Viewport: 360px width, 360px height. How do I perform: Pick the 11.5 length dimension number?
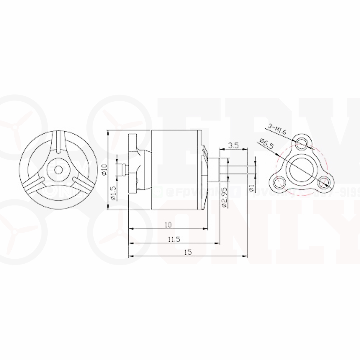[174, 239]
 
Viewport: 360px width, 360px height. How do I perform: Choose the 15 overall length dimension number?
[188, 252]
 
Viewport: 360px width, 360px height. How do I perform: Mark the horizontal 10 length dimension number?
[168, 225]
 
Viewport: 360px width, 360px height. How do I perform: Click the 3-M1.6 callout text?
[277, 129]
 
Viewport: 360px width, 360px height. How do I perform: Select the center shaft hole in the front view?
[58, 169]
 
